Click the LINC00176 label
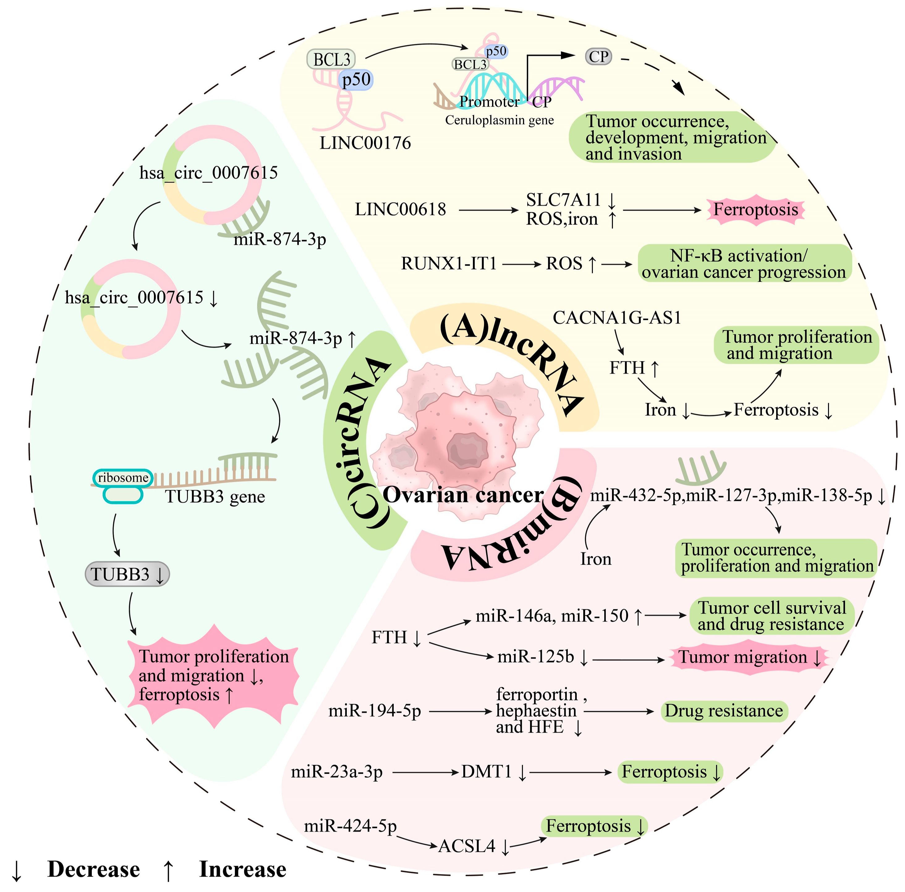pos(365,143)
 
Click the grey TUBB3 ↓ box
pos(127,574)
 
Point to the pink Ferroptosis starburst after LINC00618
pos(755,210)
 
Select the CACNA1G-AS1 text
pos(616,318)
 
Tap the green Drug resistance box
pos(724,711)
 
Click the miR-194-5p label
pos(374,711)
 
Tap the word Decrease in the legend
pos(94,869)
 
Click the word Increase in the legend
pos(243,869)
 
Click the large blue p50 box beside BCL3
pos(356,80)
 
